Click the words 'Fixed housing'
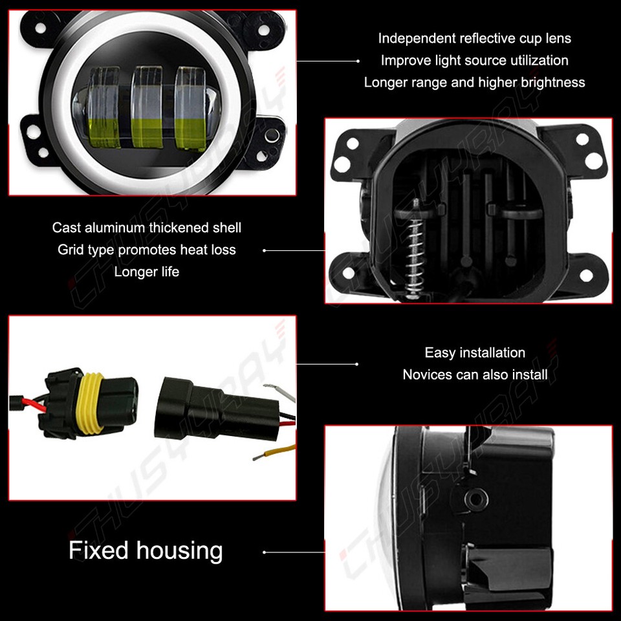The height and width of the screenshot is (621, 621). (146, 550)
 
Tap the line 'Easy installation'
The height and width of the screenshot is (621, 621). (475, 353)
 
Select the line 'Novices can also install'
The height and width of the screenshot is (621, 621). (475, 375)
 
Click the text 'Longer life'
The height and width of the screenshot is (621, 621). (147, 272)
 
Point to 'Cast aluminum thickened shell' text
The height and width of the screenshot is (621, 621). (147, 228)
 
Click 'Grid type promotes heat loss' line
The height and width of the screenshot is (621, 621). (147, 250)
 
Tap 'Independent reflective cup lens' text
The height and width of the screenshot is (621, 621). (475, 38)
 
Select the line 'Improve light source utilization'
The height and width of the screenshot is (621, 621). (475, 60)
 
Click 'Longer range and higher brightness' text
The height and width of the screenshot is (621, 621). (475, 82)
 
